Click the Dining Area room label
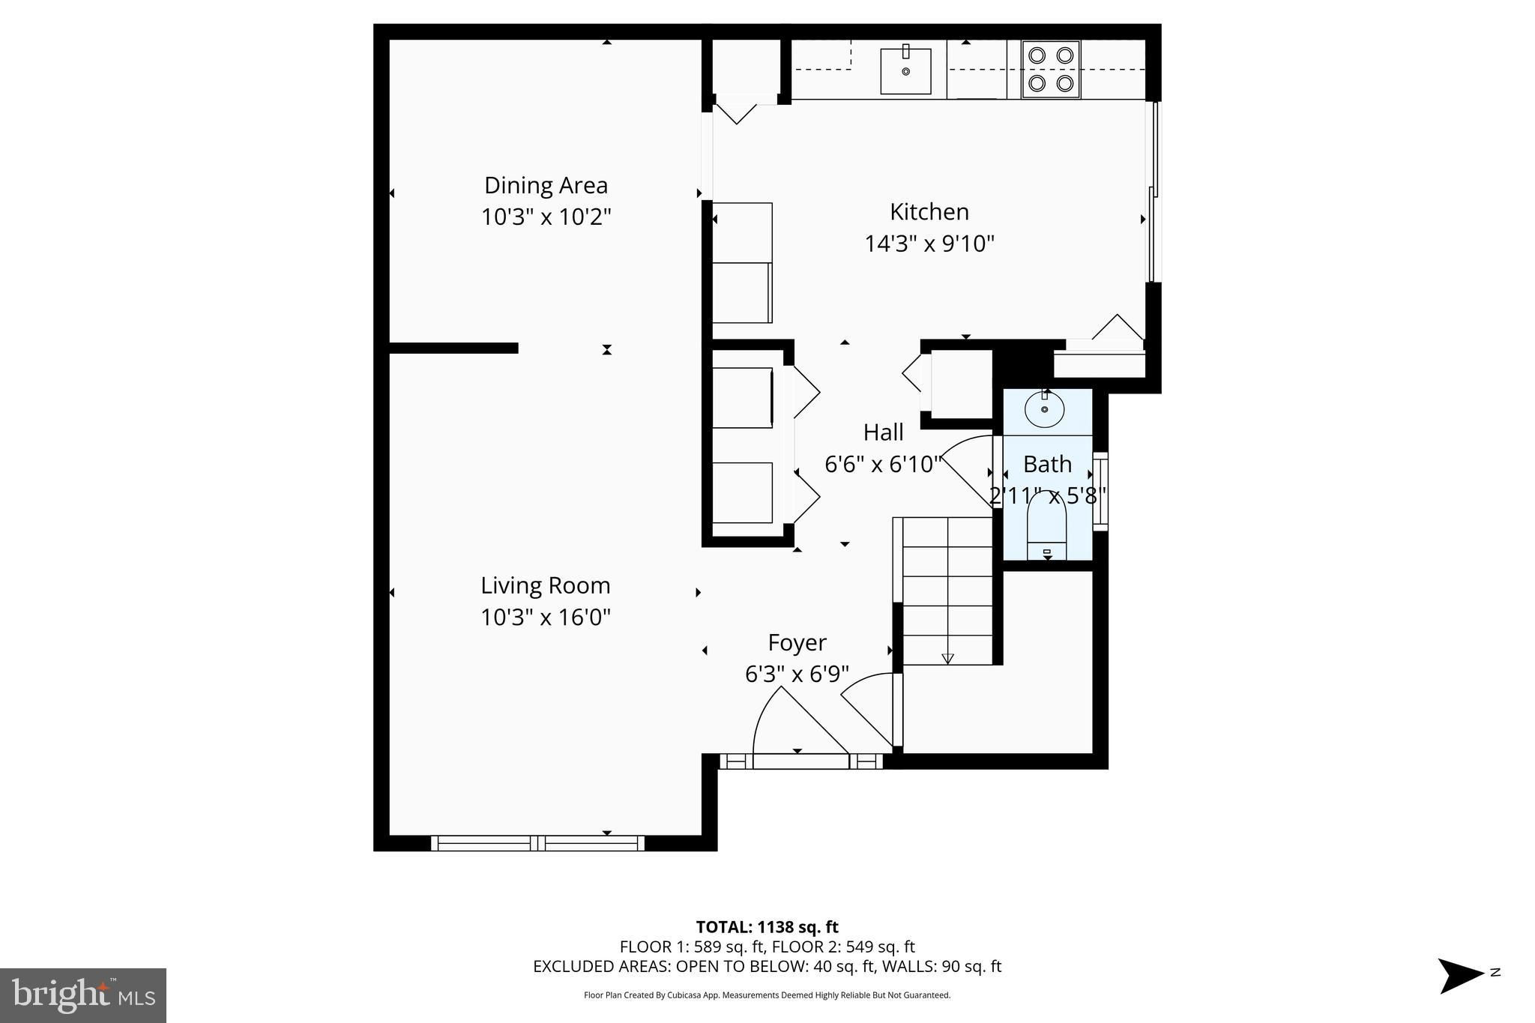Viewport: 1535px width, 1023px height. [546, 185]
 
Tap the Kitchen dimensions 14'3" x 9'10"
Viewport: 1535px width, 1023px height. [929, 244]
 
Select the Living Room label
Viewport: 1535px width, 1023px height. [546, 585]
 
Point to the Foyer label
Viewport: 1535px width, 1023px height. [797, 643]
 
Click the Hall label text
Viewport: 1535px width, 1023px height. [883, 432]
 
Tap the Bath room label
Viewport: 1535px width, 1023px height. [1047, 465]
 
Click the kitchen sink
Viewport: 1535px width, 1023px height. [905, 70]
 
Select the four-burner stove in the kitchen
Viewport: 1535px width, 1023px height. [1050, 69]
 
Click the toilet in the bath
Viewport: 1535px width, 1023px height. [1046, 525]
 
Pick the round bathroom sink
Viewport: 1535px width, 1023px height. [1044, 409]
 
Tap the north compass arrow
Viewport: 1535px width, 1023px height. [1460, 976]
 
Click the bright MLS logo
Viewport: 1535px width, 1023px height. [83, 995]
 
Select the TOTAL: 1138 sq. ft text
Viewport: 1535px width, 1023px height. [767, 927]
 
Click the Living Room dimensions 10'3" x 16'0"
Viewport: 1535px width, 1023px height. [546, 618]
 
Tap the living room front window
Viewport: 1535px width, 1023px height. [537, 843]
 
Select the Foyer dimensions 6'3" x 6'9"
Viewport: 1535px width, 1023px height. [797, 675]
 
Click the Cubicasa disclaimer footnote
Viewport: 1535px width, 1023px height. [767, 995]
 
